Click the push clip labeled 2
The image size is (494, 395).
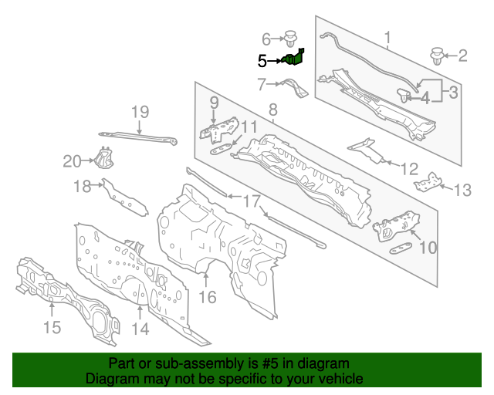(438, 56)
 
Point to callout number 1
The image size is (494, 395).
(387, 35)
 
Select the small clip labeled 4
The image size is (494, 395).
(404, 96)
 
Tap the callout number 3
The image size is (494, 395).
(453, 93)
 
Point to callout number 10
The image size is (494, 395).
(427, 247)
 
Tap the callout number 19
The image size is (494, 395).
(138, 113)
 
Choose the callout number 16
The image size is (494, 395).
(208, 296)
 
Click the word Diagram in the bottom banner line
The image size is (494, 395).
(108, 379)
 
